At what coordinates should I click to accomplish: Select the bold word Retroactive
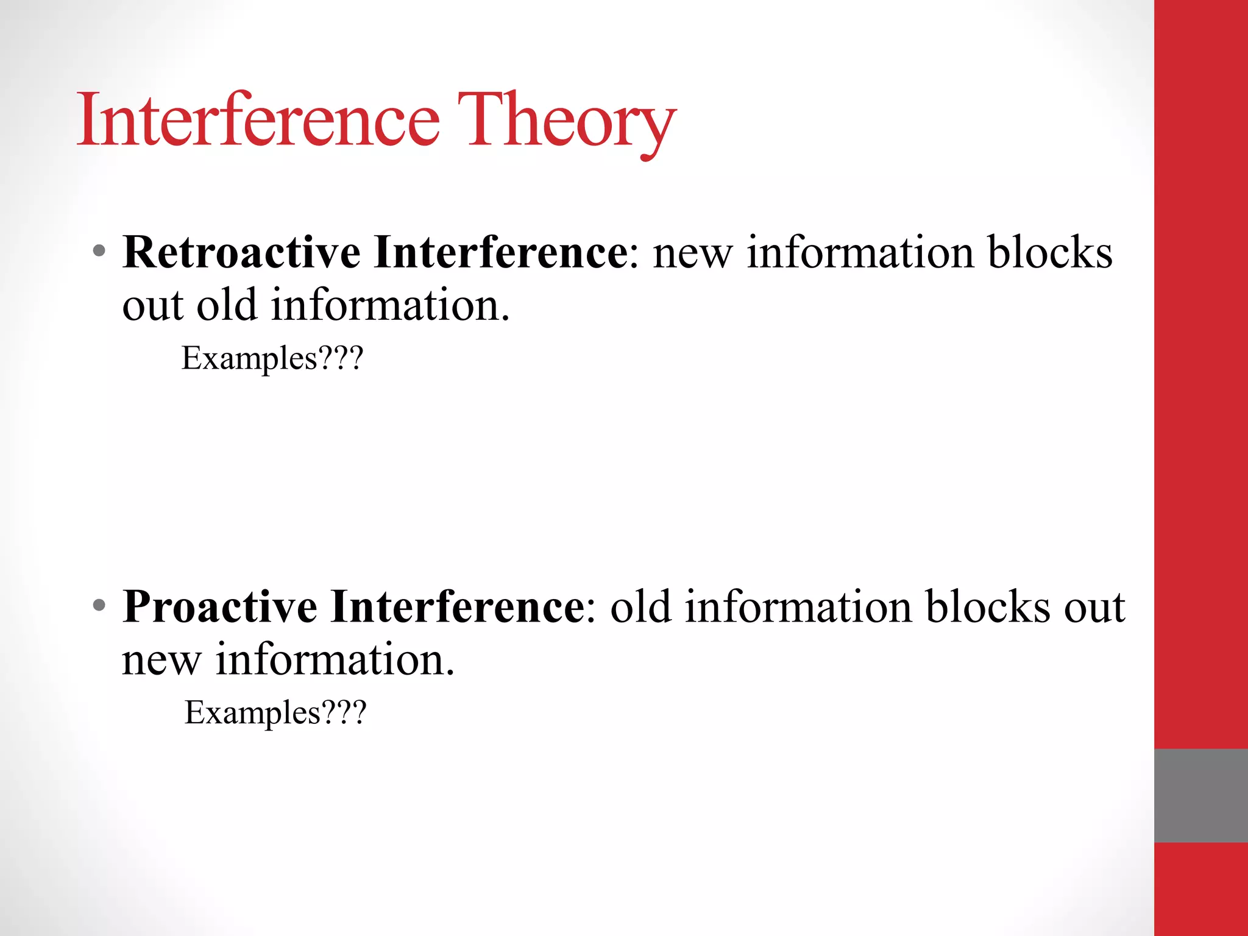(x=241, y=252)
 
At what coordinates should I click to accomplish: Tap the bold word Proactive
(x=220, y=607)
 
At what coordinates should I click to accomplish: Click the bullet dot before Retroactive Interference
(x=99, y=251)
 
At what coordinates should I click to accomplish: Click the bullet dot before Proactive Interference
(x=99, y=606)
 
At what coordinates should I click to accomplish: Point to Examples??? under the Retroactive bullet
(x=272, y=358)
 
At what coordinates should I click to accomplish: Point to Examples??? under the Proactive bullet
(x=275, y=713)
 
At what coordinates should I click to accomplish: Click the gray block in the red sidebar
(x=1200, y=795)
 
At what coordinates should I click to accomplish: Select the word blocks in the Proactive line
(x=988, y=607)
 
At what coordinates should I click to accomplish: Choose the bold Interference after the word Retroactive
(x=501, y=252)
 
